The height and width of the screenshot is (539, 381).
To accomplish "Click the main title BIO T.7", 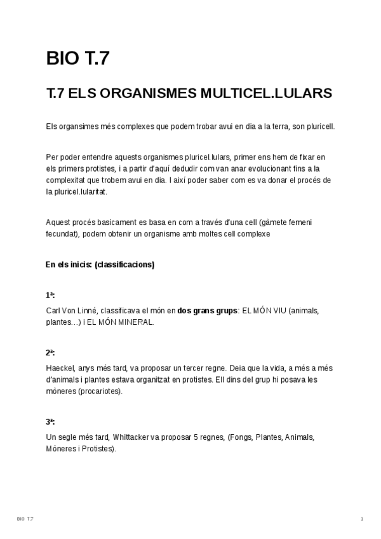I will pos(78,58).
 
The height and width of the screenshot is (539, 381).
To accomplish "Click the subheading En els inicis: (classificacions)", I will pos(100,264).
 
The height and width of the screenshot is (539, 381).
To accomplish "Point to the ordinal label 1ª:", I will pos(51,296).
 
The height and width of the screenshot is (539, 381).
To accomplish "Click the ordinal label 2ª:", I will pos(51,352).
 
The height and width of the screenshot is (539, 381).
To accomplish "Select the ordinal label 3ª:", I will pos(51,421).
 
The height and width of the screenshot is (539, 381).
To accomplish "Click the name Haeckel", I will pos(61,368).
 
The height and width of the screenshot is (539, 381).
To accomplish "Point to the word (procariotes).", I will pos(100,391).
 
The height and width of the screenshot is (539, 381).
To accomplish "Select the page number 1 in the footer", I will pos(361,519).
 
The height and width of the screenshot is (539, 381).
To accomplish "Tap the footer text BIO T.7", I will pos(25,519).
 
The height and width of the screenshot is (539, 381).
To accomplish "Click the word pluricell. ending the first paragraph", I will pos(318,126).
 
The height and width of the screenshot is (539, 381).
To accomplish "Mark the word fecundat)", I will pos(63,233).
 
